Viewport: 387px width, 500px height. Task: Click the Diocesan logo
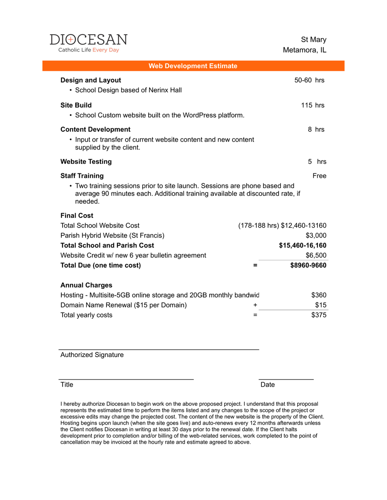(x=89, y=43)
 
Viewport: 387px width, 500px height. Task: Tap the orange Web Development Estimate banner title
(x=193, y=66)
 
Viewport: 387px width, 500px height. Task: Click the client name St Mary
(x=314, y=40)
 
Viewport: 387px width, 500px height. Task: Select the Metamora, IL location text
(x=304, y=50)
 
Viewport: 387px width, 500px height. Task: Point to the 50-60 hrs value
(x=309, y=80)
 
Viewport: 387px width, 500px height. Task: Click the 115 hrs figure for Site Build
(x=312, y=105)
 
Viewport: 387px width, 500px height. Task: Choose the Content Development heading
(x=95, y=129)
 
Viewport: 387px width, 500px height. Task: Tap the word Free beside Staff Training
(x=319, y=176)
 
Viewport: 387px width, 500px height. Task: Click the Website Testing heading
(x=86, y=161)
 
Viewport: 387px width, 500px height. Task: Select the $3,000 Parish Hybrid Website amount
(x=316, y=235)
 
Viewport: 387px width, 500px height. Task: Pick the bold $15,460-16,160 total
(x=303, y=245)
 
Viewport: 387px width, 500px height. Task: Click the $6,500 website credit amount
(x=316, y=255)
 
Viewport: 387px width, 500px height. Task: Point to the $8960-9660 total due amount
(x=308, y=265)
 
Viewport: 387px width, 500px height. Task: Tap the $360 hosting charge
(x=319, y=295)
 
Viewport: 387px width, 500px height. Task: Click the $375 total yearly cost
(x=319, y=315)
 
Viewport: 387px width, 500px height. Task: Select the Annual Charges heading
(x=86, y=285)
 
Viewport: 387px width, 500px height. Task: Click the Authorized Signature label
(x=92, y=355)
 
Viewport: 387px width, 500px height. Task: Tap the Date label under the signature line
(x=268, y=385)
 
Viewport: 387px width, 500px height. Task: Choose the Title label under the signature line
(x=67, y=385)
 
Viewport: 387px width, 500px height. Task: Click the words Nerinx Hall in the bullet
(x=165, y=90)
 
